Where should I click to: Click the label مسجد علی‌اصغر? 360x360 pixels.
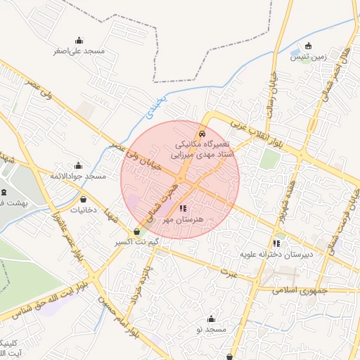click(x=78, y=51)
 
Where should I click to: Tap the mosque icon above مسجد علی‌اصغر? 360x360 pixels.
click(x=78, y=40)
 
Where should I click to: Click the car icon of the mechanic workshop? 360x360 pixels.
click(x=202, y=132)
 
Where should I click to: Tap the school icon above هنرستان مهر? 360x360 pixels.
click(x=184, y=208)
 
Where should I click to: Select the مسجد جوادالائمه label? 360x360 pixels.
click(x=77, y=176)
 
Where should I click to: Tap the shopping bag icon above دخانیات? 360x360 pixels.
click(x=83, y=198)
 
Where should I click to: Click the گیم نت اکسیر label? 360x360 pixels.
click(x=137, y=243)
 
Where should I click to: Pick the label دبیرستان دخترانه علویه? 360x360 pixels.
click(x=276, y=255)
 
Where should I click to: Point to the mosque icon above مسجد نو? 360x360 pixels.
click(x=210, y=319)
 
